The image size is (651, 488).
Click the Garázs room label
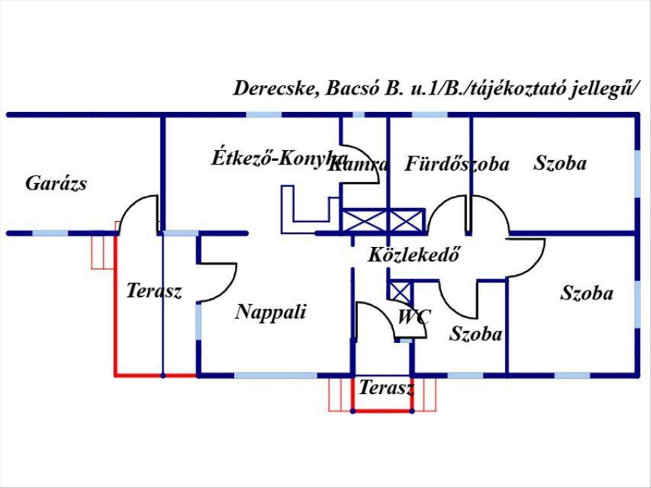[x=56, y=184]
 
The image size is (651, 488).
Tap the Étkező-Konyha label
[x=279, y=158]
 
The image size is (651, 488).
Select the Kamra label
[x=358, y=165]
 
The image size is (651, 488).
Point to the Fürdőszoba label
[x=457, y=164]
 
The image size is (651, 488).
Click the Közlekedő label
[x=414, y=254]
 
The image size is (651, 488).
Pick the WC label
[x=413, y=317]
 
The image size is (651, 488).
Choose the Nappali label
[x=271, y=312]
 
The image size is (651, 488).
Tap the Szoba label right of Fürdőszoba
[x=560, y=163]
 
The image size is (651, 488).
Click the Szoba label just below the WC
[x=476, y=333]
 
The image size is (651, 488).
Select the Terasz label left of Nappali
[x=154, y=291]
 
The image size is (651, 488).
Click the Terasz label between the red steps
[x=386, y=388]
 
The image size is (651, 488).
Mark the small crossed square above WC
[x=399, y=291]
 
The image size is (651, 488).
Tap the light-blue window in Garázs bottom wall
[x=50, y=234]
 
